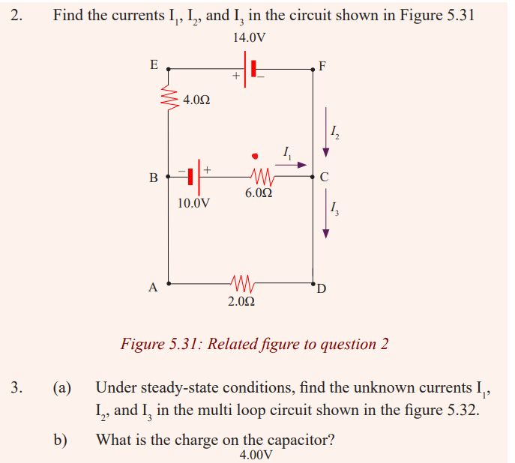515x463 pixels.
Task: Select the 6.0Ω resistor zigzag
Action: click(x=262, y=177)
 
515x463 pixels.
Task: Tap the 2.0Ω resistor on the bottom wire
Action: click(x=242, y=283)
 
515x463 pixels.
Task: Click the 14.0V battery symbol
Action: click(x=250, y=69)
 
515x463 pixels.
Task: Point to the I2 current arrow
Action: click(x=325, y=133)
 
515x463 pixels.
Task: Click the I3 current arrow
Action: click(x=325, y=214)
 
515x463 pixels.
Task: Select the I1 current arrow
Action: click(x=291, y=165)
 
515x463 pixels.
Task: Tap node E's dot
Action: click(x=168, y=69)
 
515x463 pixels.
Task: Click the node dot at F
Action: click(x=313, y=69)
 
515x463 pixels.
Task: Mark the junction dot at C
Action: click(x=313, y=177)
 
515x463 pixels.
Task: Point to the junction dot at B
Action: click(x=168, y=177)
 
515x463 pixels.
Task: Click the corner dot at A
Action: click(x=168, y=283)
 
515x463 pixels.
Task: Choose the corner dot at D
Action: click(x=313, y=282)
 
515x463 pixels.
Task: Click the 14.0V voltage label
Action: click(x=250, y=37)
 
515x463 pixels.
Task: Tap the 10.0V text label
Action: click(x=193, y=203)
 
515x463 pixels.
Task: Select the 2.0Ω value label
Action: click(x=241, y=301)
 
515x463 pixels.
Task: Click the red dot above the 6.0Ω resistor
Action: click(x=255, y=156)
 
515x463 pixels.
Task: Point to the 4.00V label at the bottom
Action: click(x=256, y=455)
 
